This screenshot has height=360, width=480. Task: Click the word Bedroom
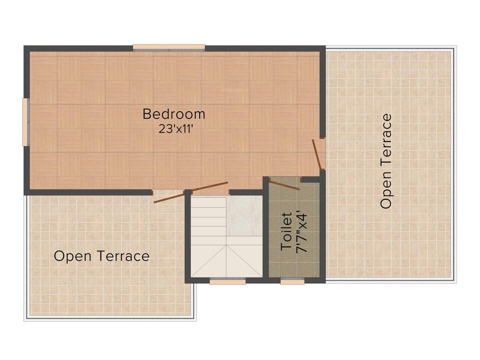pyautogui.click(x=174, y=114)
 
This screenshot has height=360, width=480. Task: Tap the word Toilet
pyautogui.click(x=286, y=232)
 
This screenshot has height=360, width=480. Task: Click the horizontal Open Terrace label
pyautogui.click(x=102, y=256)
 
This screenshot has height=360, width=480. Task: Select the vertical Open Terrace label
pyautogui.click(x=386, y=161)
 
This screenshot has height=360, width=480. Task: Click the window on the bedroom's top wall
pyautogui.click(x=169, y=47)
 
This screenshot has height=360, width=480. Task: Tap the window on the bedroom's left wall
pyautogui.click(x=26, y=122)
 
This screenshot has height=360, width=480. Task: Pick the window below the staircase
pyautogui.click(x=227, y=281)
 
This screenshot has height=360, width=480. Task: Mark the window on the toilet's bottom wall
pyautogui.click(x=292, y=281)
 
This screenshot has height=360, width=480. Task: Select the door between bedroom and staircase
pyautogui.click(x=210, y=187)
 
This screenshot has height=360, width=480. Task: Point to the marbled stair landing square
pyautogui.click(x=244, y=216)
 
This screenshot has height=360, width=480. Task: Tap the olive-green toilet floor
pyautogui.click(x=294, y=258)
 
